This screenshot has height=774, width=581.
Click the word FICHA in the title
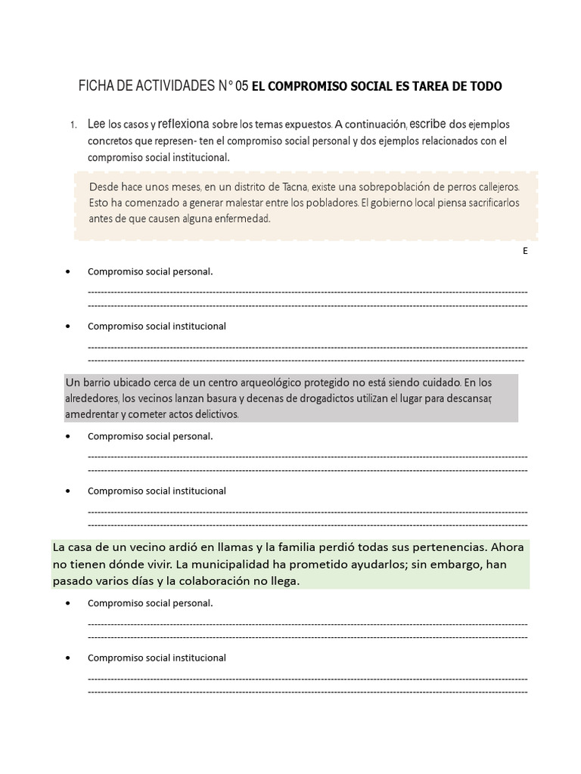(x=98, y=87)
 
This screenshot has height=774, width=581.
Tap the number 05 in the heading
(x=241, y=87)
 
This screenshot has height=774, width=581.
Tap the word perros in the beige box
(x=440, y=186)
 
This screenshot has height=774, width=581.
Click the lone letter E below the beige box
(x=525, y=251)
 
